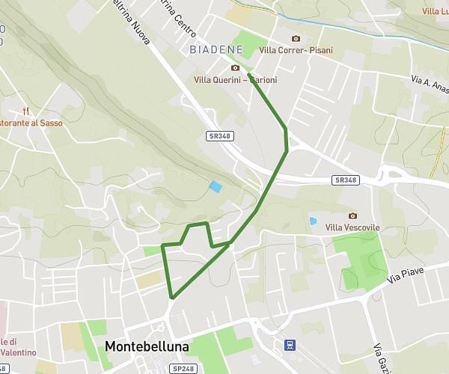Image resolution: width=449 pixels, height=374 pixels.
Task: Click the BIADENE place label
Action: click(216, 49)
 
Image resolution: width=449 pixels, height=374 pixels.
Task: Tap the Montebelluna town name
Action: click(147, 347)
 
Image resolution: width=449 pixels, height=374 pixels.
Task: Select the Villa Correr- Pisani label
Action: click(296, 50)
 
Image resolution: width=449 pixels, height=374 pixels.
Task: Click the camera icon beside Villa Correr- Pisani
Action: click(296, 39)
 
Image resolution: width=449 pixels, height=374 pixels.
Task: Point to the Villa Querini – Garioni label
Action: click(235, 79)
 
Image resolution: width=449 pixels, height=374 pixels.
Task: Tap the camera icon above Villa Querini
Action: click(236, 68)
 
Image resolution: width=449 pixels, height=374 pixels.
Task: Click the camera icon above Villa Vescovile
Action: click(353, 215)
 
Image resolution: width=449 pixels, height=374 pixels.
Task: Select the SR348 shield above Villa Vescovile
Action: click(346, 180)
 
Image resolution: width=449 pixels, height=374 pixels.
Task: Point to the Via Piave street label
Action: click(405, 274)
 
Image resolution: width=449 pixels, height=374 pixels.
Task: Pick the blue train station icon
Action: click(288, 346)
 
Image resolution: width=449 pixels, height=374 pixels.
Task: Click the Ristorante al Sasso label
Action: click(31, 123)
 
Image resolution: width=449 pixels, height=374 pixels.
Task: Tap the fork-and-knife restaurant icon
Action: click(27, 110)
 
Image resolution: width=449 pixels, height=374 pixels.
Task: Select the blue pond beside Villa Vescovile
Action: click(312, 222)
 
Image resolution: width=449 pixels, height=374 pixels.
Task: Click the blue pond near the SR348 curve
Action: click(216, 186)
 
